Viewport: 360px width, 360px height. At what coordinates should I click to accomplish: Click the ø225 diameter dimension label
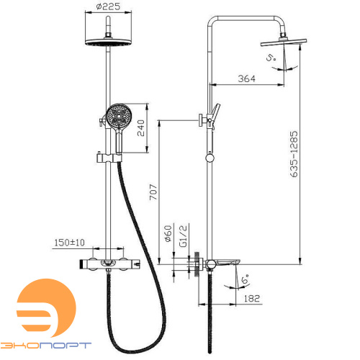pyautogui.click(x=108, y=6)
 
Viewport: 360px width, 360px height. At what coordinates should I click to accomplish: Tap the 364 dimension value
pyautogui.click(x=247, y=78)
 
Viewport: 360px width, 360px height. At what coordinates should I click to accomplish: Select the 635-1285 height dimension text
pyautogui.click(x=294, y=154)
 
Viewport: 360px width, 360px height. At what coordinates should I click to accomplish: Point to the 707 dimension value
pyautogui.click(x=153, y=192)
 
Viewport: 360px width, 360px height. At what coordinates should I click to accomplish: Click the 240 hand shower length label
pyautogui.click(x=141, y=128)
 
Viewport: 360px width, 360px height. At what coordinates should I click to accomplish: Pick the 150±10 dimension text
pyautogui.click(x=69, y=243)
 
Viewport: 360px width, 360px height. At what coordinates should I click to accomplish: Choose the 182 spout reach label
pyautogui.click(x=252, y=298)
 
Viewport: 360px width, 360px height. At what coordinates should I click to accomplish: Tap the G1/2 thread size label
pyautogui.click(x=183, y=236)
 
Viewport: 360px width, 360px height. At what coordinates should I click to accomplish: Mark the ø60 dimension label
pyautogui.click(x=168, y=233)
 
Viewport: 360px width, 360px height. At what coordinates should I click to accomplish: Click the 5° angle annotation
pyautogui.click(x=271, y=58)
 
